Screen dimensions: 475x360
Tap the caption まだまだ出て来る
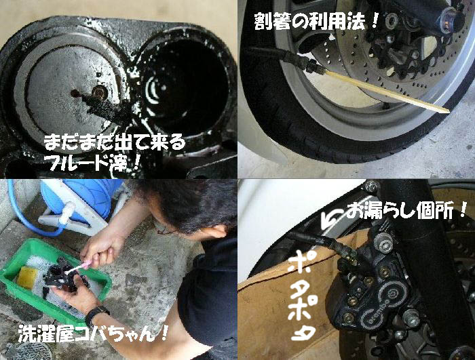pos(114,143)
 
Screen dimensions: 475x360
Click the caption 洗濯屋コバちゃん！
pos(93,333)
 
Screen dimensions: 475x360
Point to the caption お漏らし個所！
pos(406,210)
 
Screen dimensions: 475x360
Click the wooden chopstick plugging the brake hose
pos(387,91)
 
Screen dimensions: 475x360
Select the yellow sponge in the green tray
pos(27,277)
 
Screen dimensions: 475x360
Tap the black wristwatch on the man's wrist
pos(96,315)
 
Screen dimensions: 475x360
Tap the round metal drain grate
pos(31,351)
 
